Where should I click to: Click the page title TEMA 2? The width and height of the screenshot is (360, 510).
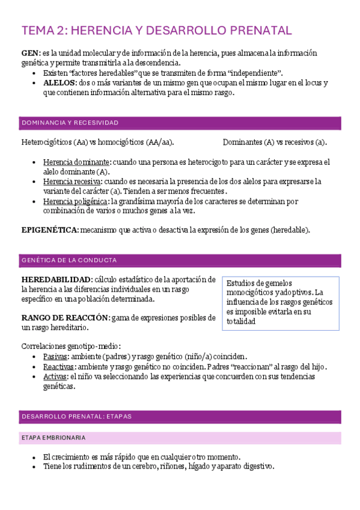tap(156, 31)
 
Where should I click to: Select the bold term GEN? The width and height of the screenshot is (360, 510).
tap(31, 53)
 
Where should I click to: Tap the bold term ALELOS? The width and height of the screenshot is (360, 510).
tap(60, 82)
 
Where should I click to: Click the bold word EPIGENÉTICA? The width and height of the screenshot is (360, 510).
tap(49, 230)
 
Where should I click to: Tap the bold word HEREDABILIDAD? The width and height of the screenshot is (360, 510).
tap(56, 280)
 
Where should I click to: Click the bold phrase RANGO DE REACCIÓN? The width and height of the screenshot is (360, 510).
tap(65, 318)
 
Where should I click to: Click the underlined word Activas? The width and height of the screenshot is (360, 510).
tap(56, 376)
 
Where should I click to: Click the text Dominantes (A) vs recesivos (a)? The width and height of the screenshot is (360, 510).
tap(275, 143)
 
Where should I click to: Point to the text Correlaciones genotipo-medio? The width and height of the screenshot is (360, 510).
tap(71, 346)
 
